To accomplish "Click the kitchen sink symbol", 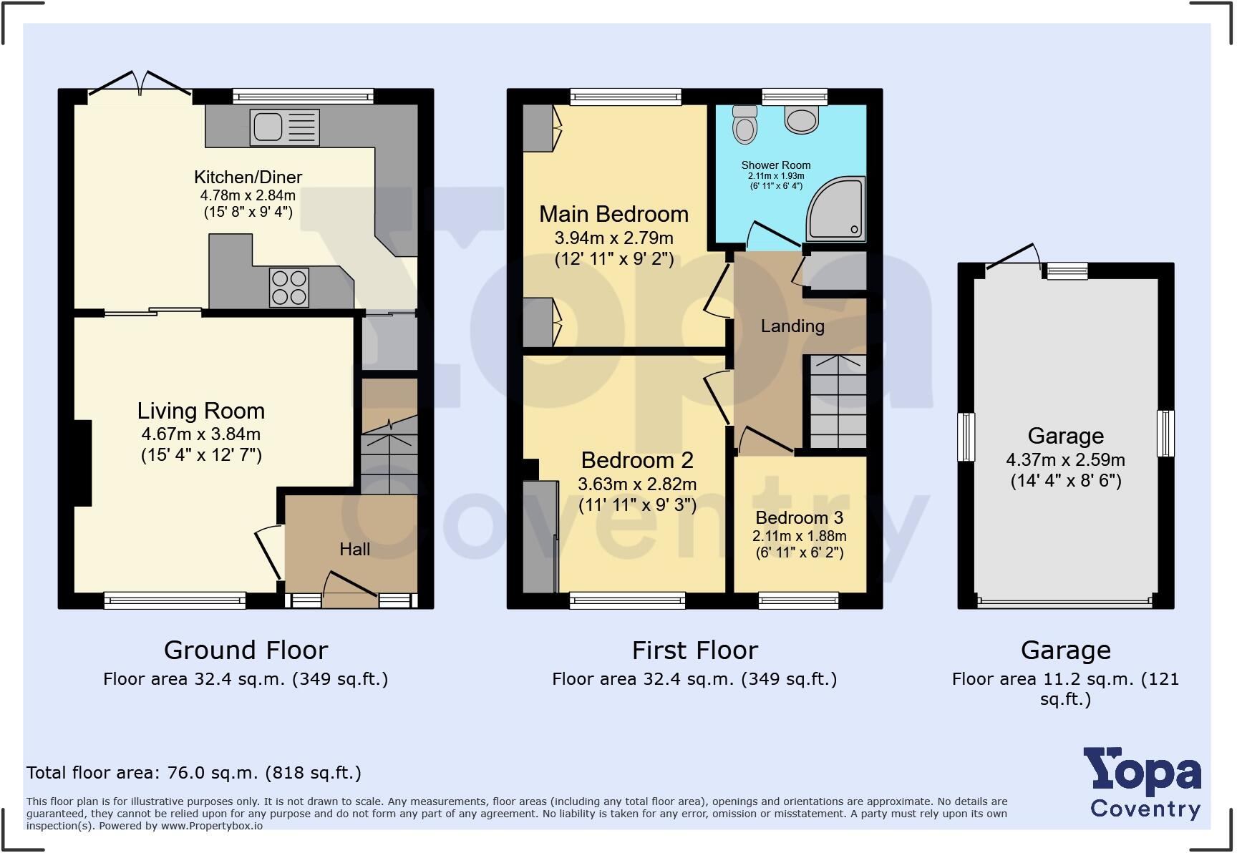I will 284,127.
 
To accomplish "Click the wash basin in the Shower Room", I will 801,120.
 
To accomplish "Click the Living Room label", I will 201,411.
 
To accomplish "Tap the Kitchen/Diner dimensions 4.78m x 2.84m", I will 248,195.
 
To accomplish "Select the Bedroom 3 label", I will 799,517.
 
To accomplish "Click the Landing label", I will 792,326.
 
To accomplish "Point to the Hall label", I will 354,549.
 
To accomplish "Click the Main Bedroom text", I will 613,214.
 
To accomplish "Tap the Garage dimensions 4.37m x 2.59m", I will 1065,460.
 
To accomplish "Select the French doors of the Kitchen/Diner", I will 140,84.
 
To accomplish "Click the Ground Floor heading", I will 246,650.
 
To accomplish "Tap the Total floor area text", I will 193,773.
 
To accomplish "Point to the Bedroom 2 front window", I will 627,600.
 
